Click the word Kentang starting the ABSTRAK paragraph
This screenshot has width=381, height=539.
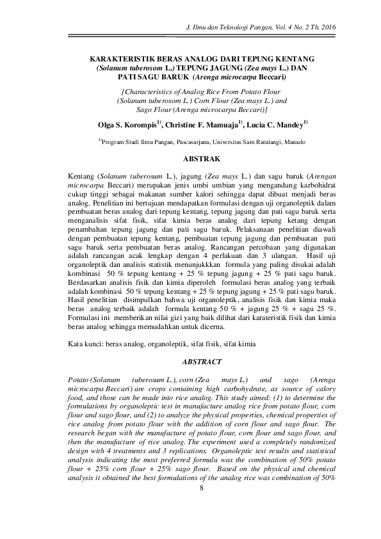point(82,174)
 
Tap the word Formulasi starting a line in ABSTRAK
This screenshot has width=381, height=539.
point(85,318)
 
